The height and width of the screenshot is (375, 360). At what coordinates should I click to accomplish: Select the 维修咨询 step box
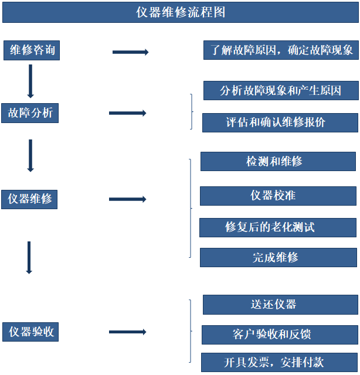click(32, 50)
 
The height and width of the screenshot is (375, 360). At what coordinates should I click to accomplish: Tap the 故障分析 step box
click(30, 112)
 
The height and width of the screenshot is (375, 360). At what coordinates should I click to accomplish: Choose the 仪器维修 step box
click(30, 199)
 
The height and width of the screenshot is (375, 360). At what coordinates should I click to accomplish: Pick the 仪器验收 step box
click(32, 332)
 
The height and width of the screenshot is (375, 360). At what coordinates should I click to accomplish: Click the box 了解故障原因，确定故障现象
click(281, 50)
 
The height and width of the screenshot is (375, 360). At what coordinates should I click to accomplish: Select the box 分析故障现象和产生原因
click(280, 91)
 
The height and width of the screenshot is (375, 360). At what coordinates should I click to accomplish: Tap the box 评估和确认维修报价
click(280, 122)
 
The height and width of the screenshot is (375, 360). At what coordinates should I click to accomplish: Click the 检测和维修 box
click(278, 161)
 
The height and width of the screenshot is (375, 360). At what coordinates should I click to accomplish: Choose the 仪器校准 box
click(278, 196)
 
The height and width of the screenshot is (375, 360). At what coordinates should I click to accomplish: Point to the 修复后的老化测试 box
click(278, 227)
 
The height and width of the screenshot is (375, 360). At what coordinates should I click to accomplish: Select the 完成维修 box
click(278, 257)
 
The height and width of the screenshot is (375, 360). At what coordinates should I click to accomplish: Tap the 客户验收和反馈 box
click(280, 335)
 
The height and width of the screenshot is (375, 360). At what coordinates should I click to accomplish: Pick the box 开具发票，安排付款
click(280, 362)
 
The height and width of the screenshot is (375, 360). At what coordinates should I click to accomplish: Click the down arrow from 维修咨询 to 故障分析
click(30, 81)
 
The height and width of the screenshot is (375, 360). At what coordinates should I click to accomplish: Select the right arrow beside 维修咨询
click(130, 52)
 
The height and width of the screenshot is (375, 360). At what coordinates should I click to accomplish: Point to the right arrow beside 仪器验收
click(127, 332)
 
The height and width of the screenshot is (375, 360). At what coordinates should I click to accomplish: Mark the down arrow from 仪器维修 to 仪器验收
click(29, 258)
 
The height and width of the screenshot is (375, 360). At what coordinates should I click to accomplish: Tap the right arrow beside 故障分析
click(127, 112)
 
